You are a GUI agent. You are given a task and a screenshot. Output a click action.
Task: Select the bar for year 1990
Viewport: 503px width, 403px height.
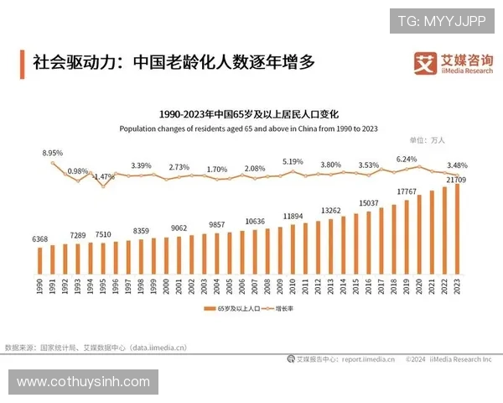(40, 260)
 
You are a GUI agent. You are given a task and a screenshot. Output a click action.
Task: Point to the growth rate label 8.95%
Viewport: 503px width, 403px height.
(53, 154)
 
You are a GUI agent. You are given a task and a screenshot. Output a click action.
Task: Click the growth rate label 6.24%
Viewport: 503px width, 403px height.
(407, 159)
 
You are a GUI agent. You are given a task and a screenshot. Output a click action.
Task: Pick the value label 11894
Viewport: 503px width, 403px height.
(293, 216)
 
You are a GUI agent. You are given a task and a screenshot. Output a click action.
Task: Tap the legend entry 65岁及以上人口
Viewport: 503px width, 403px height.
(236, 310)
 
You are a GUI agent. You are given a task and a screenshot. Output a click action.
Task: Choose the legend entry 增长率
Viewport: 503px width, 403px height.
(289, 310)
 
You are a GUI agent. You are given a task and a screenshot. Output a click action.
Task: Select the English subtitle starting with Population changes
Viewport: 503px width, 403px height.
(248, 128)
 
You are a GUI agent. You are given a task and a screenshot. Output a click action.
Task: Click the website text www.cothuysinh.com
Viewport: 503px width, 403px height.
(83, 382)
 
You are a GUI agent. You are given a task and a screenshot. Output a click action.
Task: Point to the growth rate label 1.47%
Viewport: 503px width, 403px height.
(104, 177)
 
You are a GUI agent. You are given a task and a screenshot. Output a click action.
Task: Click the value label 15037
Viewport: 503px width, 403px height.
(369, 202)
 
